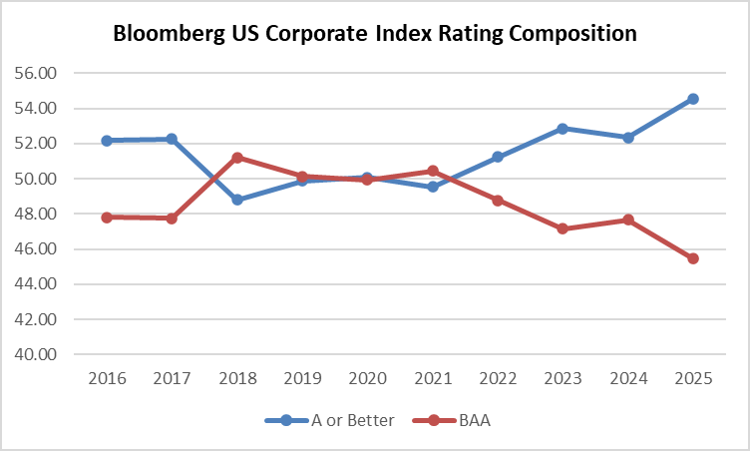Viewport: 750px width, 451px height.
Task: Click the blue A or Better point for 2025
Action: tap(692, 99)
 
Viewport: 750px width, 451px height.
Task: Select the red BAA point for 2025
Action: tap(692, 258)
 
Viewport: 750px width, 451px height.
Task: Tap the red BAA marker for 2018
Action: tap(237, 158)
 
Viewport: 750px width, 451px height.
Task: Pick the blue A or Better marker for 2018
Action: tap(237, 200)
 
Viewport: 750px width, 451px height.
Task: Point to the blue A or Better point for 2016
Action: tap(107, 141)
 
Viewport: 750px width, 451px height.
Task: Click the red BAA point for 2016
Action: tap(107, 217)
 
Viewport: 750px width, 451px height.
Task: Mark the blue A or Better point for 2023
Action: tap(562, 129)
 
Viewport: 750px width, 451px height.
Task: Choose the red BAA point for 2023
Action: tap(562, 228)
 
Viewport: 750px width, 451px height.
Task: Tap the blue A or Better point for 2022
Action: tap(497, 157)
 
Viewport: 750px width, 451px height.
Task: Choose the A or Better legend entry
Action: tap(329, 420)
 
